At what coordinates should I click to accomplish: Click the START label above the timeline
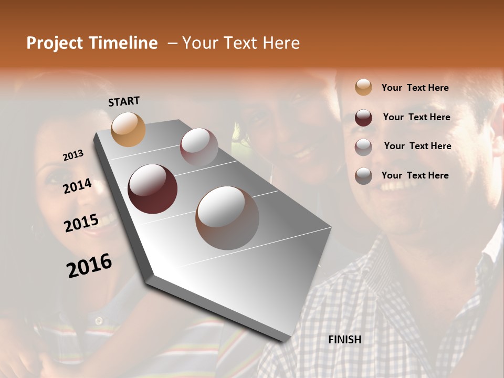click(x=124, y=101)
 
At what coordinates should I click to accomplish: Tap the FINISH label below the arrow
click(x=345, y=340)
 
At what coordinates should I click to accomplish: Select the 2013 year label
click(x=73, y=155)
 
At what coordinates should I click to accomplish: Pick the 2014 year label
click(x=78, y=186)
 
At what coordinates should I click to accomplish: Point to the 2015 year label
click(x=81, y=223)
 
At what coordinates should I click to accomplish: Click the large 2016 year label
click(x=89, y=265)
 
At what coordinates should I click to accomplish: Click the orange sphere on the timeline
click(x=128, y=129)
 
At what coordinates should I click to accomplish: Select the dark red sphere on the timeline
click(x=153, y=189)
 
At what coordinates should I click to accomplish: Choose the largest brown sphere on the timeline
click(x=227, y=217)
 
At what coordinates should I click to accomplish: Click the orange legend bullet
click(x=363, y=88)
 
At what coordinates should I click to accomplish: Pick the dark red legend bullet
click(x=363, y=118)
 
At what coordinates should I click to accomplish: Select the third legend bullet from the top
click(x=363, y=147)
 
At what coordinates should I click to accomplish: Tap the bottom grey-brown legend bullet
click(x=363, y=176)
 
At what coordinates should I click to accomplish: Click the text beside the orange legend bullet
click(x=415, y=88)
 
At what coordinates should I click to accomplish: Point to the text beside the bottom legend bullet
click(x=415, y=175)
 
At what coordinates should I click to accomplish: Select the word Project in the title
click(x=55, y=43)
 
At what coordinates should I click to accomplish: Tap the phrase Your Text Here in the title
click(x=241, y=43)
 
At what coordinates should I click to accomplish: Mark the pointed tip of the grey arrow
click(x=283, y=340)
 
